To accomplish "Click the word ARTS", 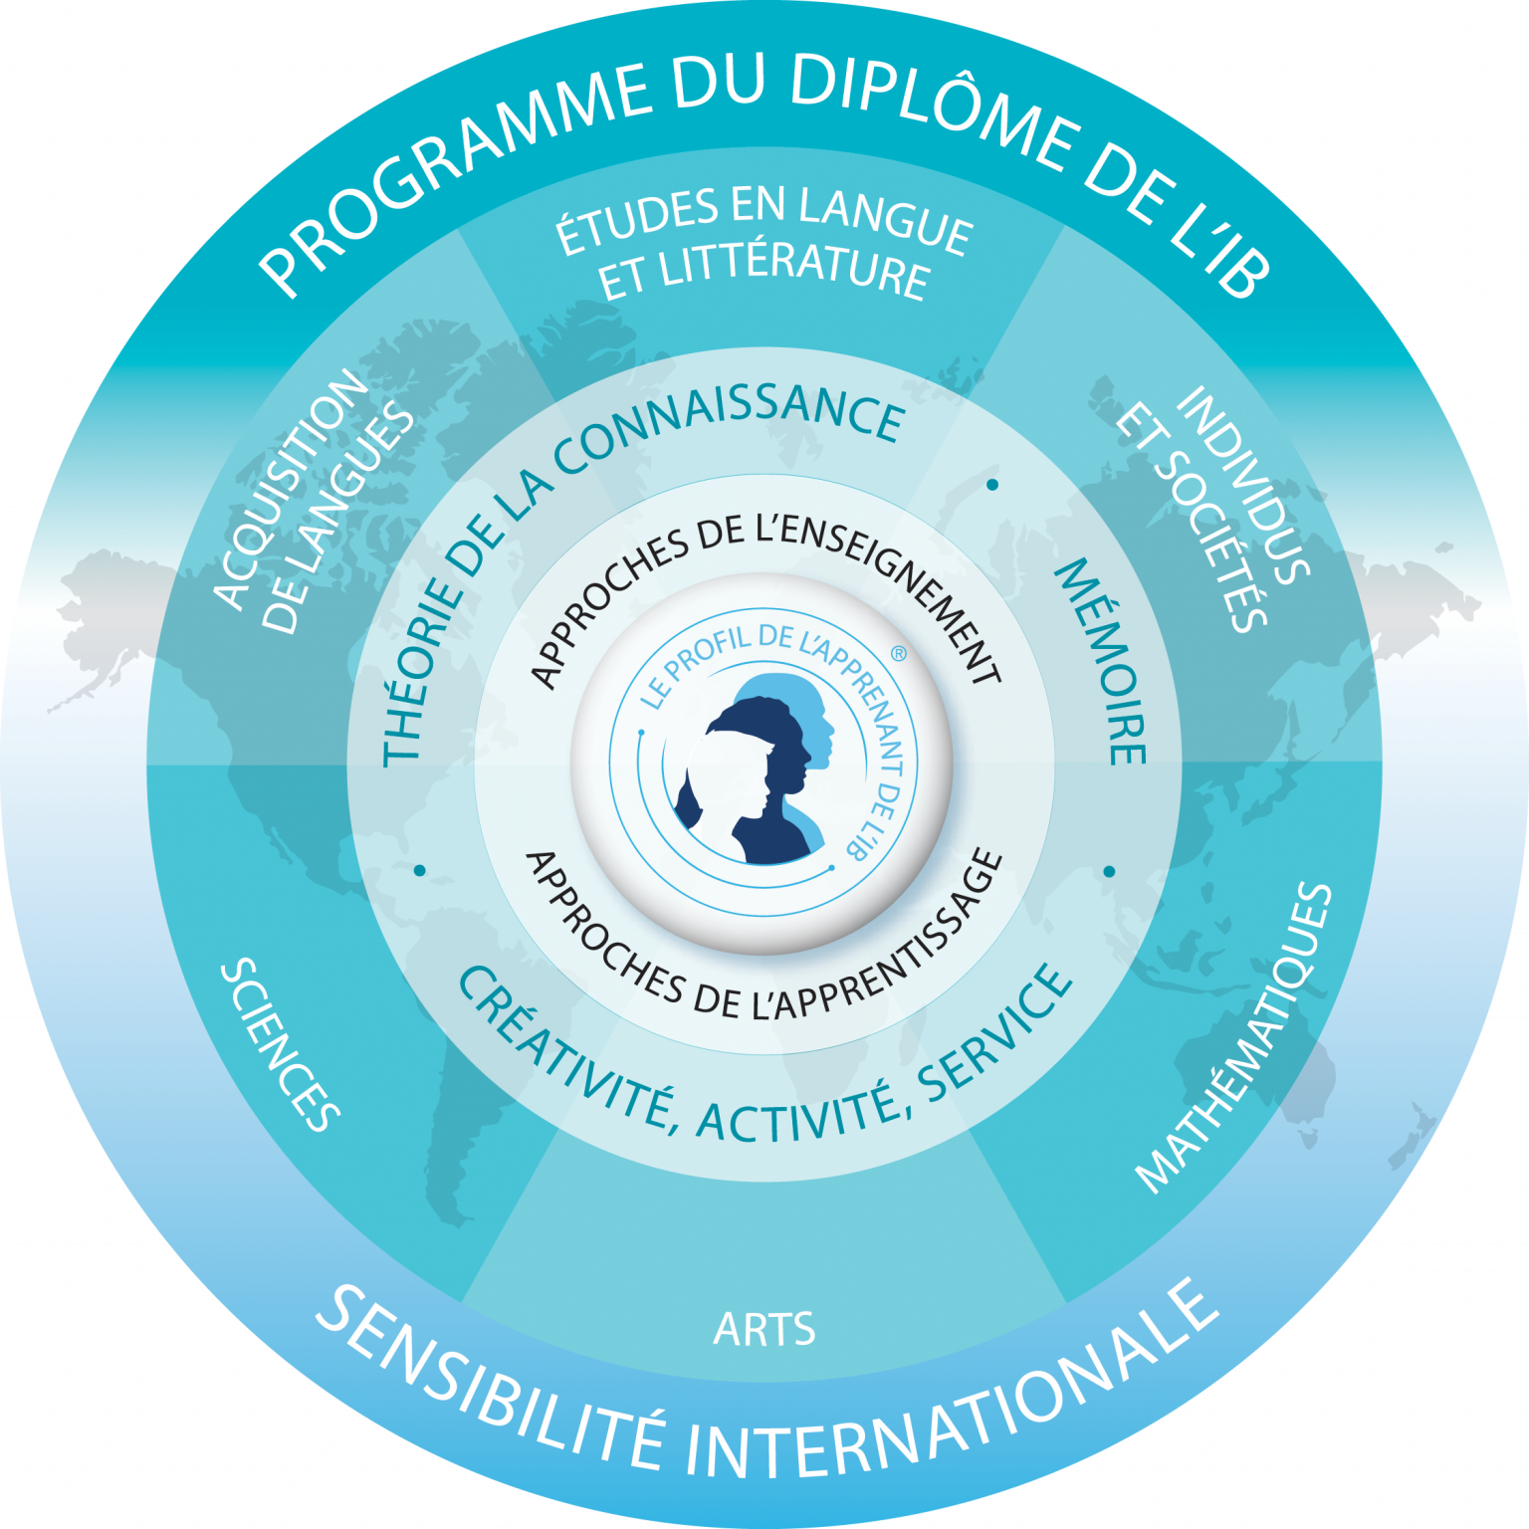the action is [764, 1329].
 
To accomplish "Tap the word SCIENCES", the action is [281, 1045].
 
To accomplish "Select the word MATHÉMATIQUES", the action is [1234, 1037].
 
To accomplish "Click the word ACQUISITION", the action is [291, 488].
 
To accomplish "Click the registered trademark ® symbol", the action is [898, 654].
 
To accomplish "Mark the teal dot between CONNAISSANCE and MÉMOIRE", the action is [992, 485].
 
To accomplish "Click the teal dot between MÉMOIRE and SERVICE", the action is [1109, 872].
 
